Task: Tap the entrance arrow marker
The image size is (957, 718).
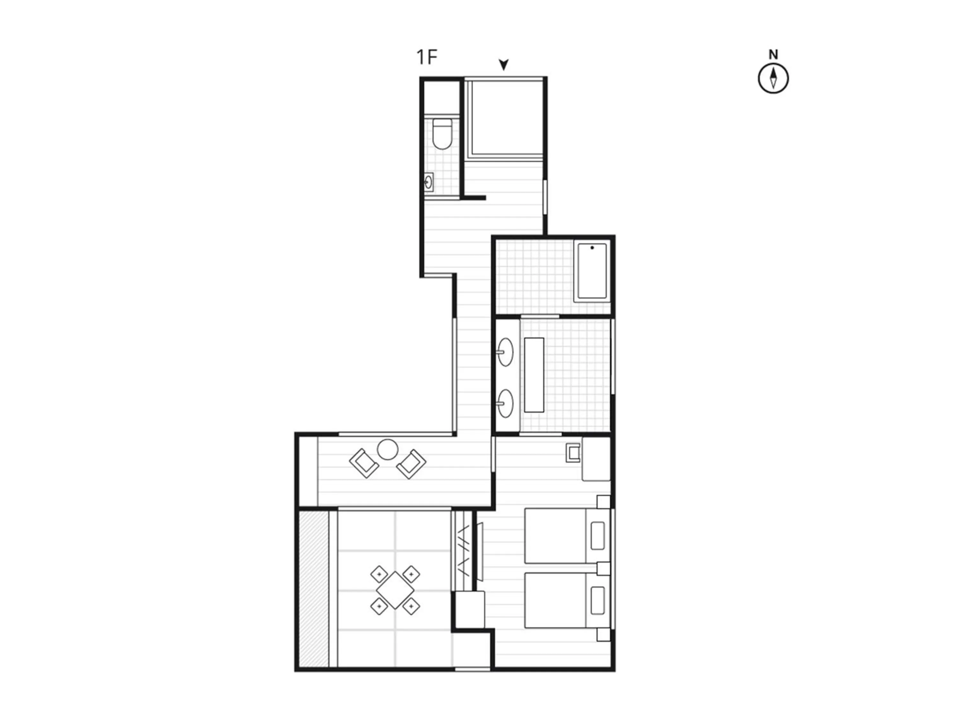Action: click(x=503, y=64)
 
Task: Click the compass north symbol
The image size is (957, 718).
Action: click(x=773, y=79)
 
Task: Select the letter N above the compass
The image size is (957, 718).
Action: click(x=773, y=55)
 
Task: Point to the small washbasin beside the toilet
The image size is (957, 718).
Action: click(x=429, y=182)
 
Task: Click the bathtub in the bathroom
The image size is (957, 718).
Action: click(x=592, y=271)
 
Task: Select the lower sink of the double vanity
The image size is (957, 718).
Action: click(x=505, y=403)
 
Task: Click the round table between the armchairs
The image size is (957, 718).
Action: click(x=387, y=450)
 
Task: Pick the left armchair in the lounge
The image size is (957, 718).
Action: click(x=364, y=463)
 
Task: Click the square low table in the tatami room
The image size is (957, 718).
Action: click(x=395, y=590)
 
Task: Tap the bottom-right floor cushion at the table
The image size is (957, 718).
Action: click(x=411, y=606)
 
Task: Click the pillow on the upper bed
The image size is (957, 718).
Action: click(x=597, y=536)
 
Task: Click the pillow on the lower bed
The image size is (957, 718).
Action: click(x=597, y=600)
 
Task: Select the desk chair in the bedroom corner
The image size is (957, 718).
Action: click(x=574, y=453)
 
